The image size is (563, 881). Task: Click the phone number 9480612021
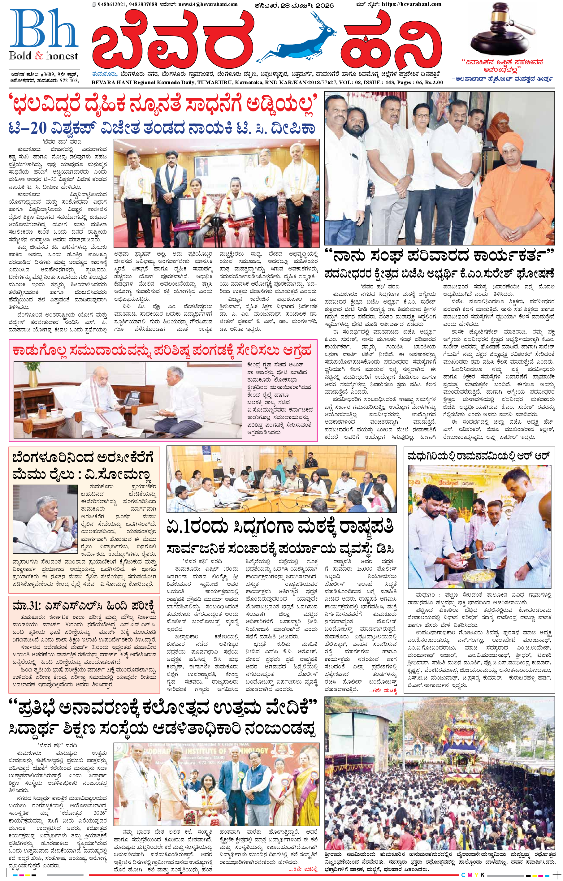tap(109, 4)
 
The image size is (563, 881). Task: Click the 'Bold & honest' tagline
tap(44, 56)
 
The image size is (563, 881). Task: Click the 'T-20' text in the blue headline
tap(28, 128)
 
